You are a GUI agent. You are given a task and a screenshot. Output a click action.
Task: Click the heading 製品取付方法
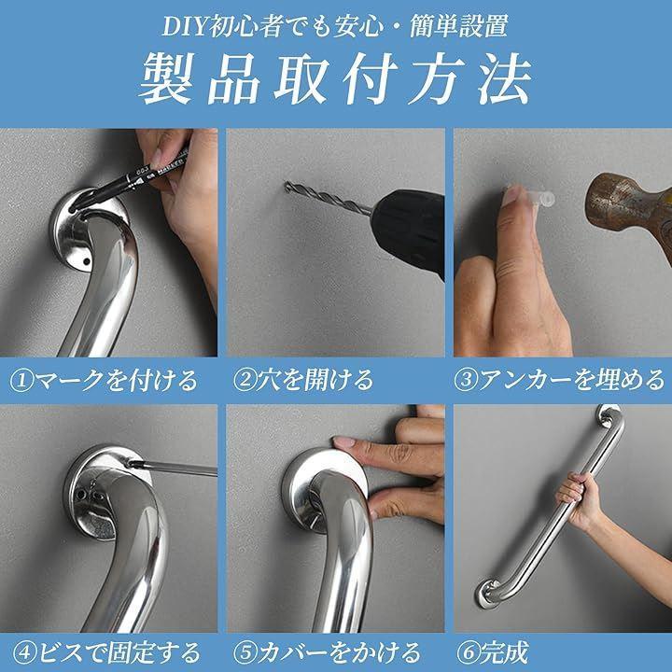tap(336, 78)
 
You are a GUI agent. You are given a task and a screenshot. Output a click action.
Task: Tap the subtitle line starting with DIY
tap(335, 26)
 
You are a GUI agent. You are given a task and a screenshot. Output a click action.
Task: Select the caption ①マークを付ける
tap(104, 380)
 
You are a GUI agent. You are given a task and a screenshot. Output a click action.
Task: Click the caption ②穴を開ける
tap(303, 380)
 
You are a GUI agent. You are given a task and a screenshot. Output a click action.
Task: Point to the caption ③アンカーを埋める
tap(559, 380)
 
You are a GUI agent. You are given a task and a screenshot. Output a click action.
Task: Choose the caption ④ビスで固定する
tap(106, 652)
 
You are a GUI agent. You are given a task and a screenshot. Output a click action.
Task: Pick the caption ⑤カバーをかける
tap(327, 652)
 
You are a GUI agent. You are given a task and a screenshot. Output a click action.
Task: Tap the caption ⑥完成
tap(493, 652)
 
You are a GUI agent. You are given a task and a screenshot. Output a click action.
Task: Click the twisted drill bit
tap(328, 198)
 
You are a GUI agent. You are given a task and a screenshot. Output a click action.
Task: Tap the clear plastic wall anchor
tap(540, 198)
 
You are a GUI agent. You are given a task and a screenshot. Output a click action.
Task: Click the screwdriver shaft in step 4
tap(173, 469)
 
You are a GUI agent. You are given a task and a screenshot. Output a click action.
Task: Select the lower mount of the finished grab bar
tap(488, 594)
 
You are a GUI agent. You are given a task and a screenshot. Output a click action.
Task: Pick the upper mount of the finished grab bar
tap(609, 414)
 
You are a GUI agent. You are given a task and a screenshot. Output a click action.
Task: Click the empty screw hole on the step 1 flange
tap(87, 261)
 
